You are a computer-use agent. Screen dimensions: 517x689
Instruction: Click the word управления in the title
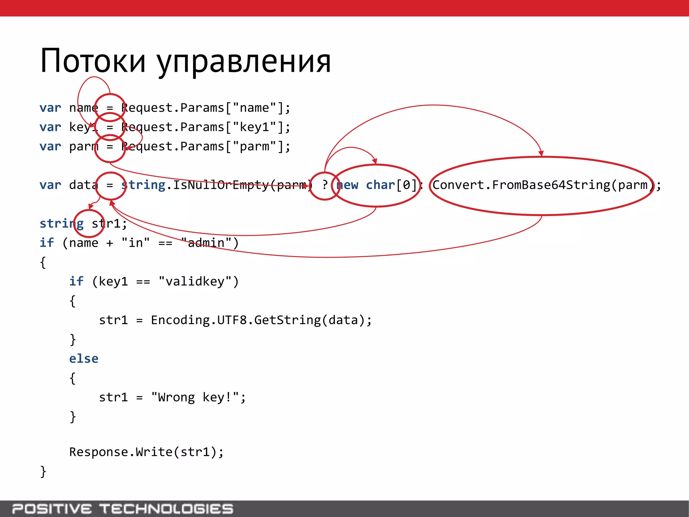pos(244,63)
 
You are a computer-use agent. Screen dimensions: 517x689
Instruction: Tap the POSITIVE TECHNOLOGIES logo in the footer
pos(122,509)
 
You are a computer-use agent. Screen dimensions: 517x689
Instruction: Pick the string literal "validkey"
pos(195,281)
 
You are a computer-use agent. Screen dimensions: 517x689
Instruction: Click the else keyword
pos(84,359)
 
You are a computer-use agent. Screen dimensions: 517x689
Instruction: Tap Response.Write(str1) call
pos(146,452)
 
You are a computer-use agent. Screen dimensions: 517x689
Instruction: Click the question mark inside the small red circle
pos(325,185)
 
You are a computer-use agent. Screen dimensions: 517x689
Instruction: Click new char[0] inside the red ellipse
pos(376,185)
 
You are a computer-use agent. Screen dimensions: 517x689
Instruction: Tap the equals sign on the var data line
pos(110,185)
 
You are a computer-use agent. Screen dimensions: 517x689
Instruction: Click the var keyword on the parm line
pos(50,147)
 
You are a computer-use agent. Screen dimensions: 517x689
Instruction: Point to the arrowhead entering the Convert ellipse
pos(541,153)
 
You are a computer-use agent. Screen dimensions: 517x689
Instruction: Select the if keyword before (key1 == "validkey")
pos(76,281)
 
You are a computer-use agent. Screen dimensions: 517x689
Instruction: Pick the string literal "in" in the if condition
pos(136,243)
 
